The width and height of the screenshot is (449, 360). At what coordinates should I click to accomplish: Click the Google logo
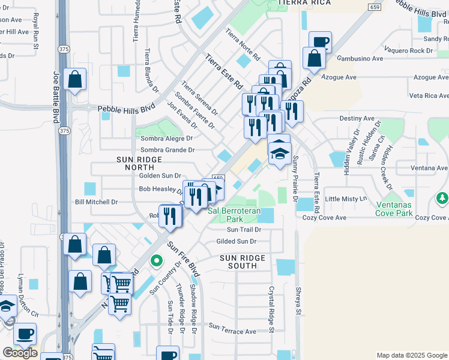20,353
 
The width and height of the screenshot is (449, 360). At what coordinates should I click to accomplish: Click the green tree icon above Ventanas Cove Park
442,197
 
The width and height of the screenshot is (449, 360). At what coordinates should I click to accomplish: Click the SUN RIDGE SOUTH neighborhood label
242,262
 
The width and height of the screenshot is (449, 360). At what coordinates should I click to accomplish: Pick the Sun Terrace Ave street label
232,331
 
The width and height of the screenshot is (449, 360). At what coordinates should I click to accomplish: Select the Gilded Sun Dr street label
236,241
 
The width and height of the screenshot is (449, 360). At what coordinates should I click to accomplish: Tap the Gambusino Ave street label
360,59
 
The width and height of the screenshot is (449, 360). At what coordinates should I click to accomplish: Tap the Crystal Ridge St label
271,309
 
